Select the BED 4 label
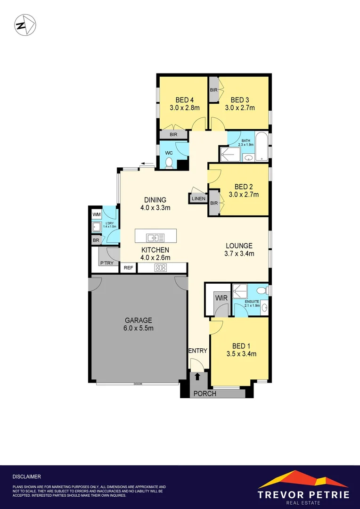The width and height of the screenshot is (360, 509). (x=185, y=100)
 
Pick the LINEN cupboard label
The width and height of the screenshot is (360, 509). (x=198, y=198)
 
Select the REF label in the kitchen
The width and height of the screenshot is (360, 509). (x=128, y=268)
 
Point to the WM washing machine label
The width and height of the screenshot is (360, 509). (x=97, y=215)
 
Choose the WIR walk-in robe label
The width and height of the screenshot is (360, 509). (x=221, y=298)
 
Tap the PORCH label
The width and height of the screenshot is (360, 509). (x=205, y=393)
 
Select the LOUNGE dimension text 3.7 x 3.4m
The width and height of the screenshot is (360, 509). (x=239, y=254)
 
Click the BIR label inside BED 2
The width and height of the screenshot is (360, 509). (x=214, y=203)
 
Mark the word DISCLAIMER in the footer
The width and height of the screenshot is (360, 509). (x=26, y=476)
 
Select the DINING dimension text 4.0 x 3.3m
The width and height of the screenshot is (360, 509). (x=155, y=208)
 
